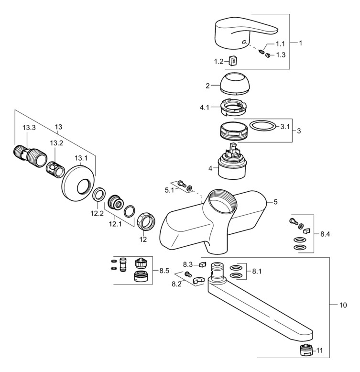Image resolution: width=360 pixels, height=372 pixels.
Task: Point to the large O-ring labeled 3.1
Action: tap(263, 127)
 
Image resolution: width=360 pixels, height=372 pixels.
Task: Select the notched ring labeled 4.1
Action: tap(234, 106)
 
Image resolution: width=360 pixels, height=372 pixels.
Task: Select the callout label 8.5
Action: tap(164, 270)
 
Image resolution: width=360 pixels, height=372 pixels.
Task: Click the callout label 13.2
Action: tap(57, 142)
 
